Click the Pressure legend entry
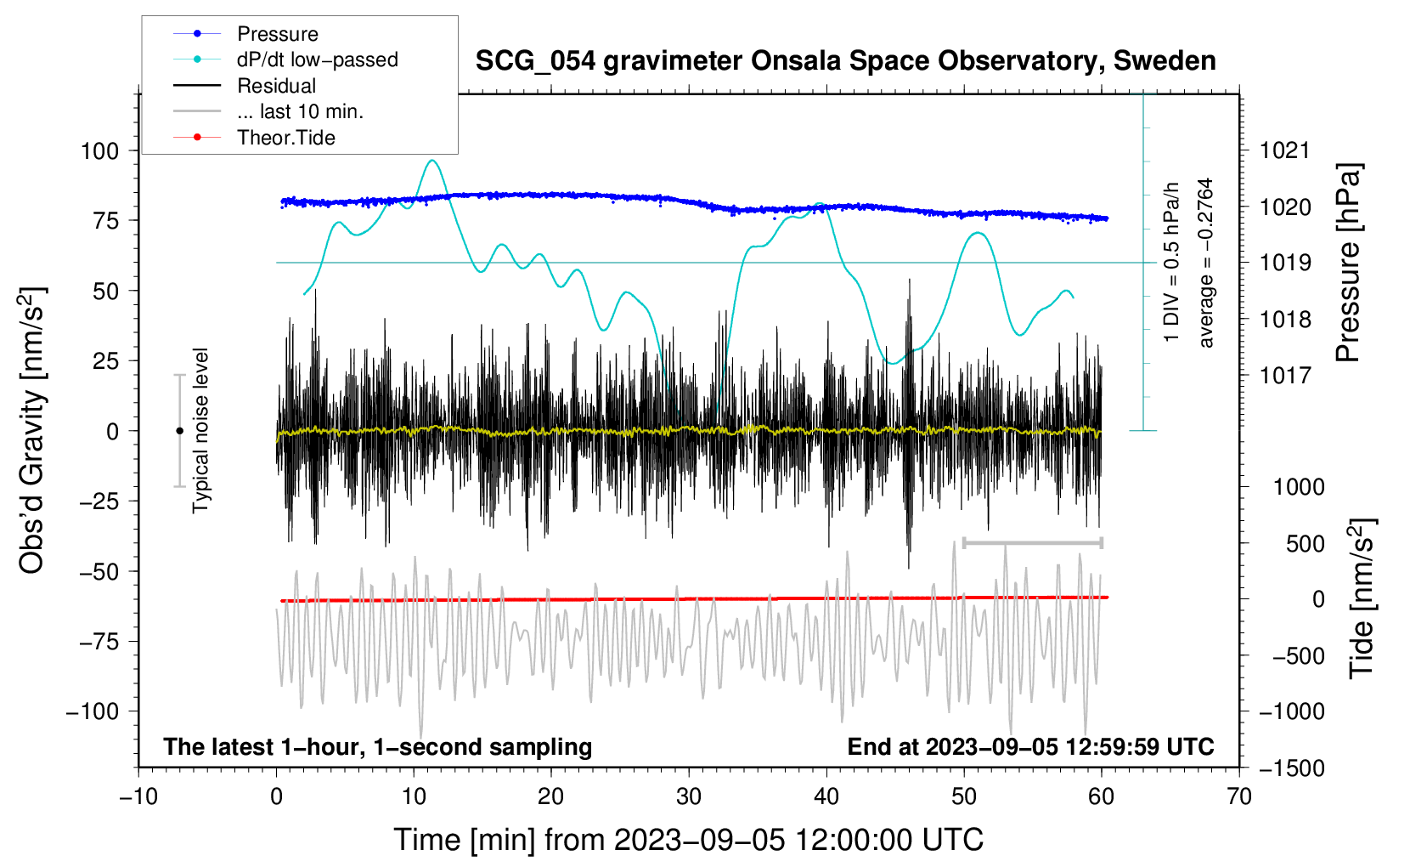[277, 34]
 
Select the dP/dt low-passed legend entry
[317, 59]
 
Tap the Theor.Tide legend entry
[285, 138]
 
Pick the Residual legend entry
[276, 86]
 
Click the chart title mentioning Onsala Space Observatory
[845, 61]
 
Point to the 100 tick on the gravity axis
[99, 151]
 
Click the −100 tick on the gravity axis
[93, 711]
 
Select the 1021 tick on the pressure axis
[1285, 151]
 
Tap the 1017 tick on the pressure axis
[1285, 376]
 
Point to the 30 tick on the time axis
[689, 797]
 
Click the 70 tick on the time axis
[1239, 797]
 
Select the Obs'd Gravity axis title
[32, 430]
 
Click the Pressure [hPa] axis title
[1348, 263]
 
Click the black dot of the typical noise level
[179, 431]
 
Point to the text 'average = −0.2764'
[1206, 263]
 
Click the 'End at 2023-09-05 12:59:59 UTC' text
[1030, 747]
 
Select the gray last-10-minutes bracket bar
[1033, 542]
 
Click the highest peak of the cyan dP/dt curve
[433, 161]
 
